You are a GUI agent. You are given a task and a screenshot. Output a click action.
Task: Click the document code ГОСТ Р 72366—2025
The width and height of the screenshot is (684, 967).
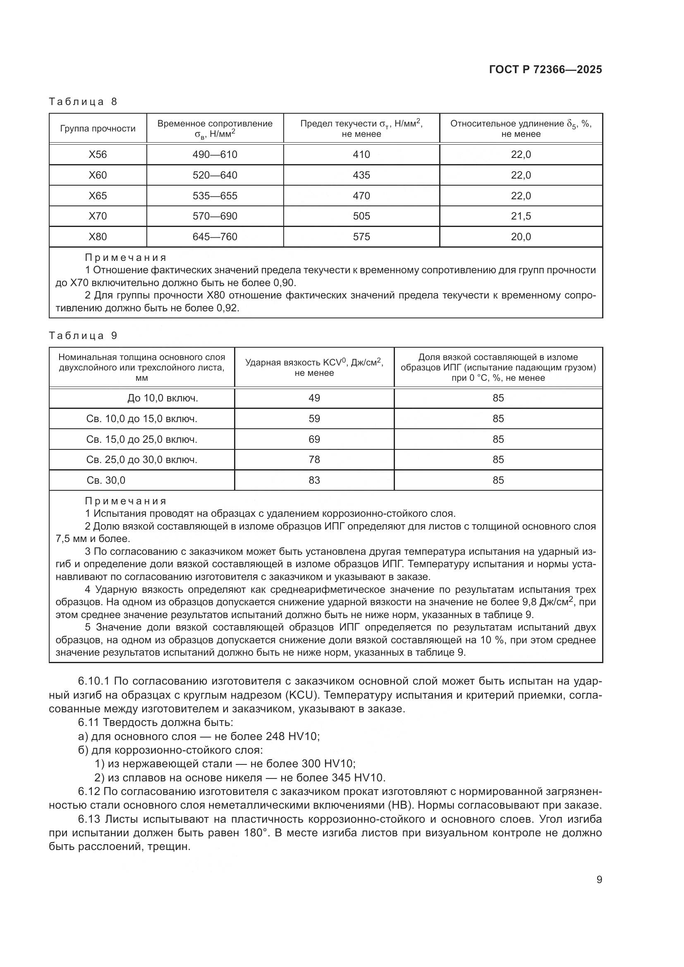pos(545,69)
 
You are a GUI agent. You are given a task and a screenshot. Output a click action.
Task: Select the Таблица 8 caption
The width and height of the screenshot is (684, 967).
pos(83,102)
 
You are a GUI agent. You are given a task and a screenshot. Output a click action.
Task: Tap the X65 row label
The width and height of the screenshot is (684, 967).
pos(98,196)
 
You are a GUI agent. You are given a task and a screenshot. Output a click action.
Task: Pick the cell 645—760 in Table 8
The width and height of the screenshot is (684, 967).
pos(215,237)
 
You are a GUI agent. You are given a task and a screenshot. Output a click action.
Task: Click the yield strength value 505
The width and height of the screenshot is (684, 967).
pos(361,216)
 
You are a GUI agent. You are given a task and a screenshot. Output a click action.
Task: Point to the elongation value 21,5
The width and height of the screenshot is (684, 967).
pos(521,216)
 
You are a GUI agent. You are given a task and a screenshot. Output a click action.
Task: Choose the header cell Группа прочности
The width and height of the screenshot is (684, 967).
pos(98,129)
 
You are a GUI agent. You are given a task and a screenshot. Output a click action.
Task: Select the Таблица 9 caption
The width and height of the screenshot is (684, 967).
pos(83,336)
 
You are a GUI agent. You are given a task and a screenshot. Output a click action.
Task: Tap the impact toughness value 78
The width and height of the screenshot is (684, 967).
pos(314,459)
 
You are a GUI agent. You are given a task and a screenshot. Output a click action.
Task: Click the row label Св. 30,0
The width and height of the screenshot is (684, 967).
pos(106,480)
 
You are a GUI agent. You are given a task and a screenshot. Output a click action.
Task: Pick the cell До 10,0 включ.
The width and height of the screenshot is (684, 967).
pos(163,398)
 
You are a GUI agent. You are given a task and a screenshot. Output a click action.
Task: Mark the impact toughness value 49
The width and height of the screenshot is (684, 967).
pos(314,398)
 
